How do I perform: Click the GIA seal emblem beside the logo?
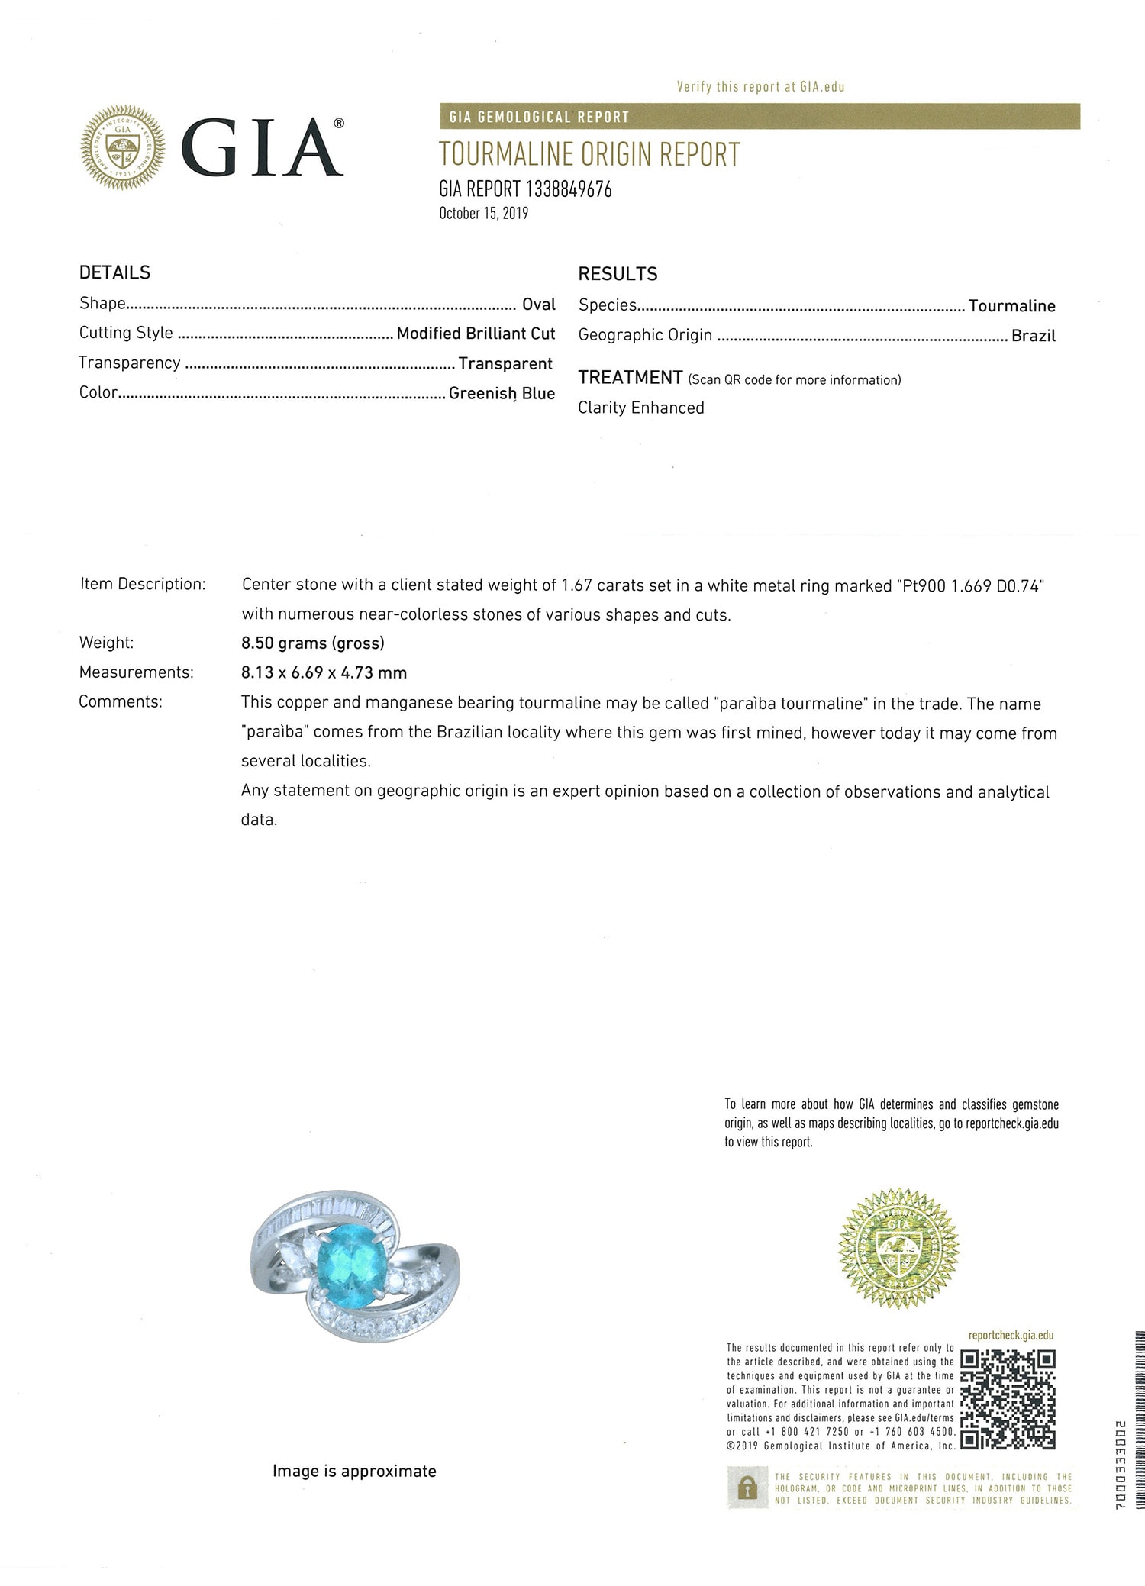(x=123, y=147)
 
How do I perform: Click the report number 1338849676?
(x=569, y=189)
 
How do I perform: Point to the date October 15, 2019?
(x=483, y=213)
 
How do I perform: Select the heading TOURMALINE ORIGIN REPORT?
(x=589, y=155)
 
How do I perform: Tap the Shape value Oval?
(x=538, y=305)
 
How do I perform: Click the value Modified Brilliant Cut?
(x=476, y=334)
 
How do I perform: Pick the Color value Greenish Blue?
(x=502, y=393)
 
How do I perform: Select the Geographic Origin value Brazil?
(x=1033, y=336)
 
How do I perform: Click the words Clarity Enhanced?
(x=640, y=408)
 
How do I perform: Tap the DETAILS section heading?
(x=114, y=272)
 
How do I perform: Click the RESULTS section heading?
(x=617, y=274)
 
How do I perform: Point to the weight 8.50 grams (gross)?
(x=313, y=643)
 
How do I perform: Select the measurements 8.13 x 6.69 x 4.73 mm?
(x=324, y=673)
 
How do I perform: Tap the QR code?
(x=1008, y=1400)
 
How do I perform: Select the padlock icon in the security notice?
(x=747, y=1488)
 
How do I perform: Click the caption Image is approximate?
(x=354, y=1471)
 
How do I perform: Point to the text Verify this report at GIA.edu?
(x=760, y=87)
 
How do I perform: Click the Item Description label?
(x=143, y=585)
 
